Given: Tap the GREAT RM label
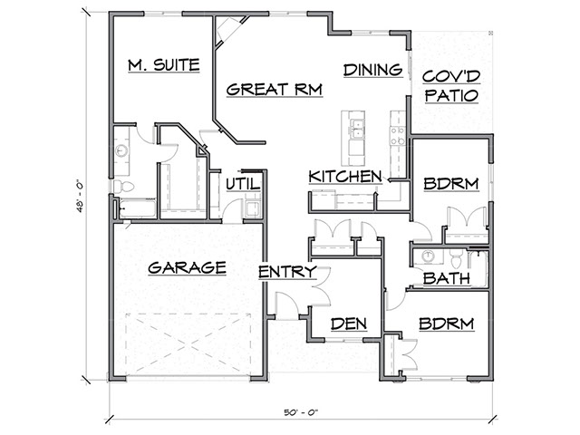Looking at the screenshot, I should (265, 89).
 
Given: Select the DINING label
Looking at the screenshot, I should (372, 69).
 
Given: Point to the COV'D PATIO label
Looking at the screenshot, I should (450, 85).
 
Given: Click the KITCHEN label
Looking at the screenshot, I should (343, 176).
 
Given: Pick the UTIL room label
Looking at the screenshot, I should (243, 184).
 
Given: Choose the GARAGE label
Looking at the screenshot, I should (187, 267).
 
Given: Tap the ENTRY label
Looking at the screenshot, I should (287, 271).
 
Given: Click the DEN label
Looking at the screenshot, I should (348, 324).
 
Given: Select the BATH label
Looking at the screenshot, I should (446, 278).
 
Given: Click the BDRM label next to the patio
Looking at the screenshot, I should (449, 184).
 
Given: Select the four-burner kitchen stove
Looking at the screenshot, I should (397, 135).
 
